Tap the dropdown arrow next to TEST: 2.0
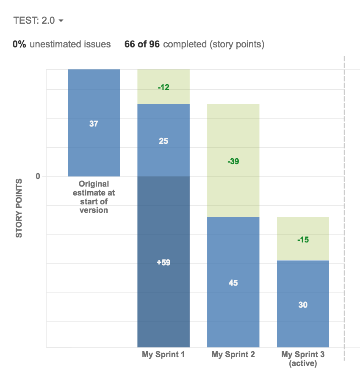pos(61,21)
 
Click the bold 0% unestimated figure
pos(20,44)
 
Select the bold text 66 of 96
pos(142,44)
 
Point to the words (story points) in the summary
pos(237,44)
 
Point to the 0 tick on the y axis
pos(38,176)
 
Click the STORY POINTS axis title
pos(19,208)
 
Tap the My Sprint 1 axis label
pos(163,355)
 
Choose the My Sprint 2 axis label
pos(233,355)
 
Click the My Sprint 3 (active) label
pos(303,359)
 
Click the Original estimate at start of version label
pos(94,197)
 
